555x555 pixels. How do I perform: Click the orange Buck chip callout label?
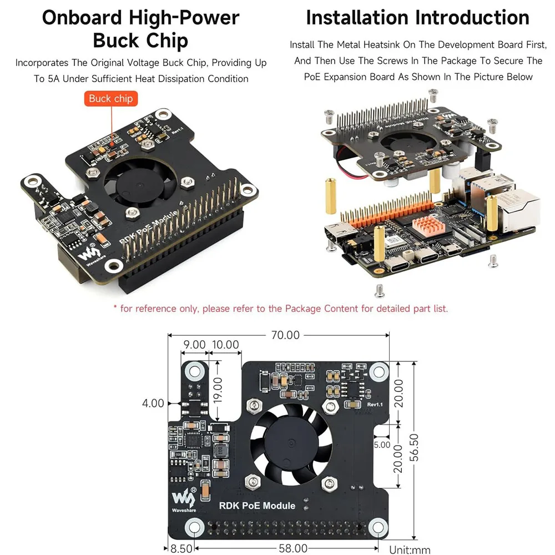coord(111,98)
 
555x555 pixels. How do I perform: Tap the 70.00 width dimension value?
coord(285,335)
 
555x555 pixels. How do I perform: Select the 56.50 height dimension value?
coord(414,447)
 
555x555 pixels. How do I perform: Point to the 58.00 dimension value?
coord(293,548)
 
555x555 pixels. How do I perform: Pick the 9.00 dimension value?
coord(194,345)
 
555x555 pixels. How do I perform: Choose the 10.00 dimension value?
coord(225,345)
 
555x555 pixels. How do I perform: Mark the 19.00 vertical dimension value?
coord(218,390)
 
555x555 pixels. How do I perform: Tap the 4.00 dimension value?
coord(153,403)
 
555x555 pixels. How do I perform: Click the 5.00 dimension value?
coord(382,445)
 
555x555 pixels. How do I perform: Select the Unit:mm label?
coord(410,549)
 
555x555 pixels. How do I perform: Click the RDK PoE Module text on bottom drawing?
coord(257,506)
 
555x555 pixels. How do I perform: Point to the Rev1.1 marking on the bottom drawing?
coord(375,405)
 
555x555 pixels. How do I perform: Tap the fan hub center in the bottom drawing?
coord(291,443)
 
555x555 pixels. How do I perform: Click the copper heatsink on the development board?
coord(427,224)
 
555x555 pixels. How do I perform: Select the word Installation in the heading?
coord(357,17)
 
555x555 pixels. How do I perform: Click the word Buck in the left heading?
coord(115,41)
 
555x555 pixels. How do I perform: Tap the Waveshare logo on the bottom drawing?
coord(184,500)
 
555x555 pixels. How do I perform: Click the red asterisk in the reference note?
coord(115,307)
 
